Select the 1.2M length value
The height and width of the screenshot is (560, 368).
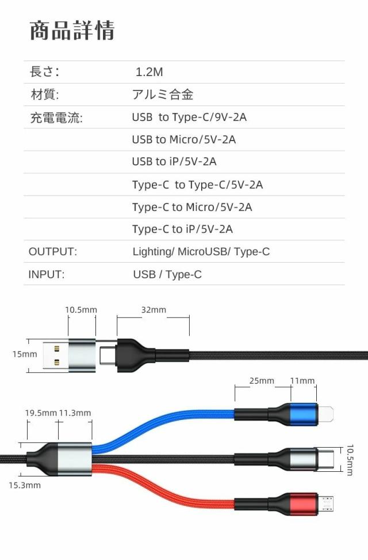tap(149, 73)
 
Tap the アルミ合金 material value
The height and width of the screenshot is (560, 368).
tap(167, 95)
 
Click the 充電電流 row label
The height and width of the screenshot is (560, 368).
tap(56, 118)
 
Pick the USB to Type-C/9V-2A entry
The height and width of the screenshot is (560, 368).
tap(189, 118)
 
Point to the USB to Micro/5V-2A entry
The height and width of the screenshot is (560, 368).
tap(183, 139)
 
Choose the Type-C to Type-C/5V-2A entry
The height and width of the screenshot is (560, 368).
tap(197, 185)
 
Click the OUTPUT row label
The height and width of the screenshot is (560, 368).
tap(52, 252)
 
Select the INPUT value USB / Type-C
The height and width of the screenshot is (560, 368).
tap(167, 275)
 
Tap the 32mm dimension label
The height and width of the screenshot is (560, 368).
tap(154, 310)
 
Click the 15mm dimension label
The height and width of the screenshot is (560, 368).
tap(24, 354)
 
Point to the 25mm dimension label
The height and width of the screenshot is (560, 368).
tap(262, 381)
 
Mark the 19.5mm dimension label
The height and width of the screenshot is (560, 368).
tap(41, 413)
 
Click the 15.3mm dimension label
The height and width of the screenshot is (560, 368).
tap(25, 485)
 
